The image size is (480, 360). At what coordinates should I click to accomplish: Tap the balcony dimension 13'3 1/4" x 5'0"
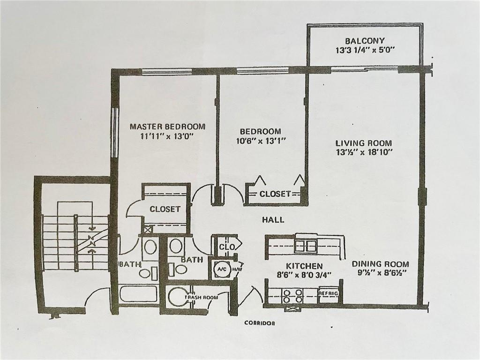[x=364, y=50]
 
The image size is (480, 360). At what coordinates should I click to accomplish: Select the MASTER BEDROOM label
[x=167, y=127]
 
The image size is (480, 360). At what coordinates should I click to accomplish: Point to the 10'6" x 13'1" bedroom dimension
[x=261, y=141]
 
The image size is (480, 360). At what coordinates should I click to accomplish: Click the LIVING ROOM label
[x=364, y=143]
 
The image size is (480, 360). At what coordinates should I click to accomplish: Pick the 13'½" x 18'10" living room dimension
[x=364, y=152]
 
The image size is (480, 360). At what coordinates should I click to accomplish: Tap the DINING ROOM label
[x=380, y=264]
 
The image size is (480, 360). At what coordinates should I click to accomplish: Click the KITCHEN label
[x=304, y=266]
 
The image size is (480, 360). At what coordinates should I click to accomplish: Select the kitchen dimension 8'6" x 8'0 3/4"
[x=304, y=275]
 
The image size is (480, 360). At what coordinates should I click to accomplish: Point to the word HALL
[x=273, y=219]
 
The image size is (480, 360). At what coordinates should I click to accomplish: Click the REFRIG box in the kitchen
[x=329, y=293]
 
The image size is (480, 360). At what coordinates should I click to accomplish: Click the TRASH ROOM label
[x=201, y=297]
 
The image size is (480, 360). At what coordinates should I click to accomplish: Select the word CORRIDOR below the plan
[x=260, y=322]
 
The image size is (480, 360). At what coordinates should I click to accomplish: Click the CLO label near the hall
[x=227, y=247]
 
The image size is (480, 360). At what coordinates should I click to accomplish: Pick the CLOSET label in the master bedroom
[x=165, y=209]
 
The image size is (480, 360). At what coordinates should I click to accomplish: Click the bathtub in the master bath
[x=139, y=293]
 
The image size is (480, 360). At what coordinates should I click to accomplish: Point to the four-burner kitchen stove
[x=292, y=296]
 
